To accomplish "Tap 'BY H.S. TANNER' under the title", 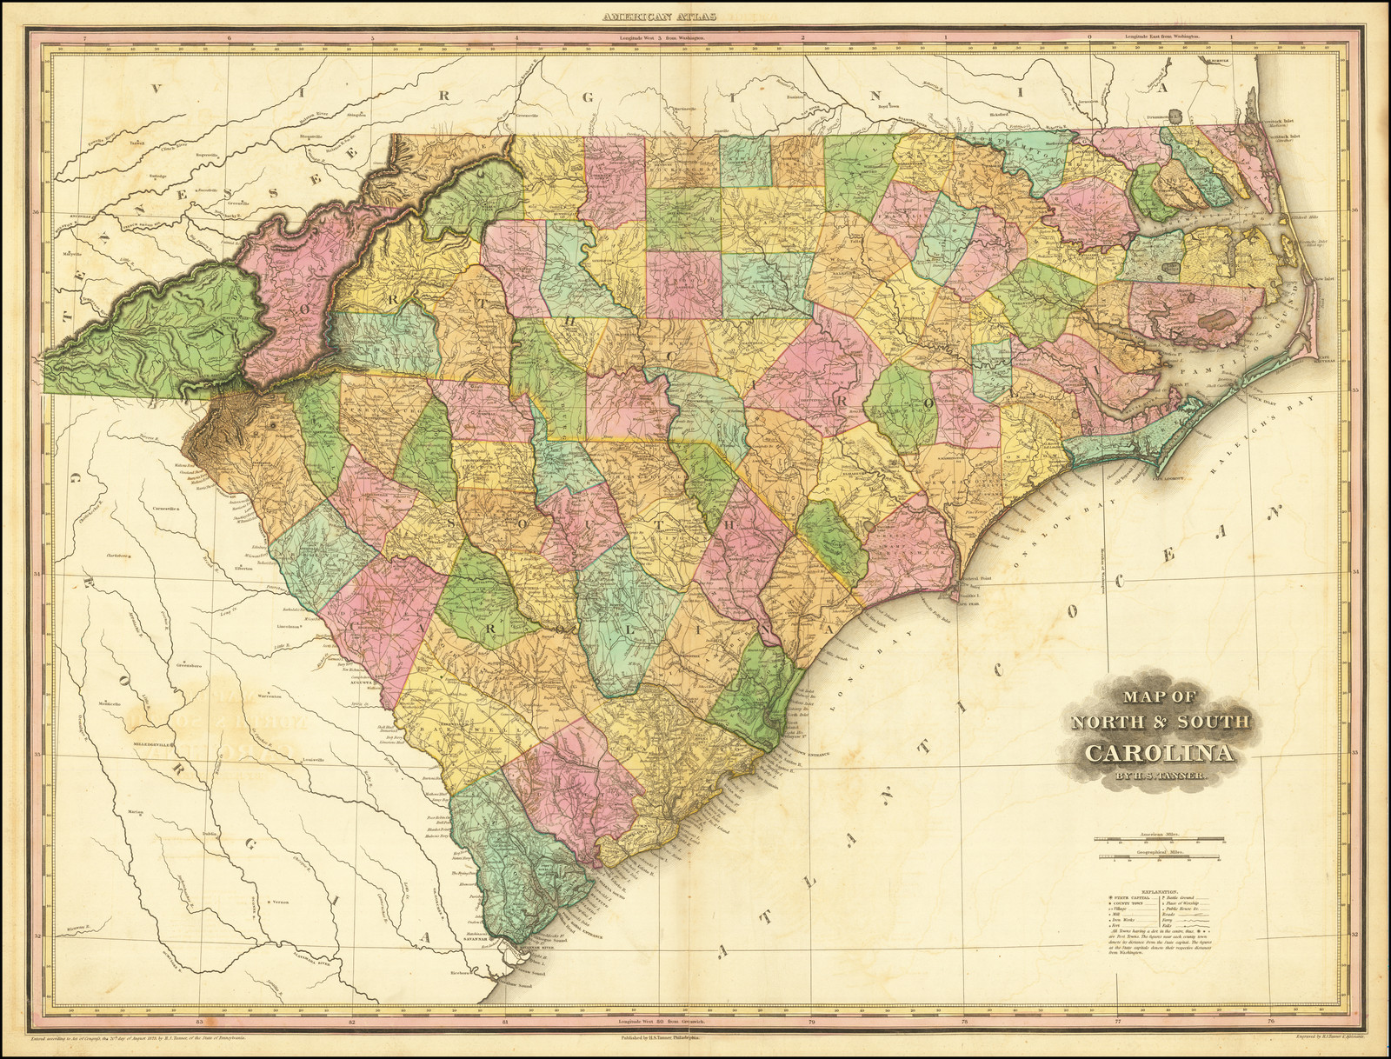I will (x=1158, y=783).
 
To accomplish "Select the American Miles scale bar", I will (x=1158, y=841).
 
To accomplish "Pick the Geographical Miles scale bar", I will (x=1158, y=861).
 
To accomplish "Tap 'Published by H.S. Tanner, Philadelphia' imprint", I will (x=661, y=1038).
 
